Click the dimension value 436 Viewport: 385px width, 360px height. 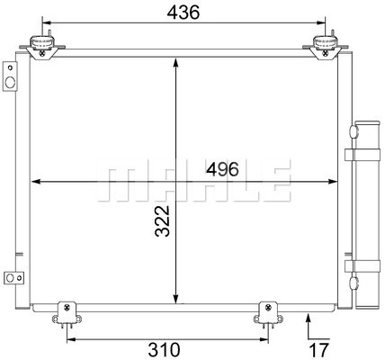(x=183, y=13)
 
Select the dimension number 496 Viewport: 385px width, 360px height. (x=222, y=169)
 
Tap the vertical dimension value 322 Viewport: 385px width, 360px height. (x=163, y=221)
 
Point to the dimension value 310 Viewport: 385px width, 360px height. (x=165, y=350)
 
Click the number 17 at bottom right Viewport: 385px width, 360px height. (x=318, y=350)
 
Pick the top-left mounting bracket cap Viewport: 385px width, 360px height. (x=42, y=42)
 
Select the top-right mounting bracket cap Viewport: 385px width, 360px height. (x=326, y=42)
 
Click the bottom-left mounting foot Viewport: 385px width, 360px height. (x=67, y=313)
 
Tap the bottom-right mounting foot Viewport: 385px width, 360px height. (x=268, y=313)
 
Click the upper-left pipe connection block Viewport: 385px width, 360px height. (x=10, y=76)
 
